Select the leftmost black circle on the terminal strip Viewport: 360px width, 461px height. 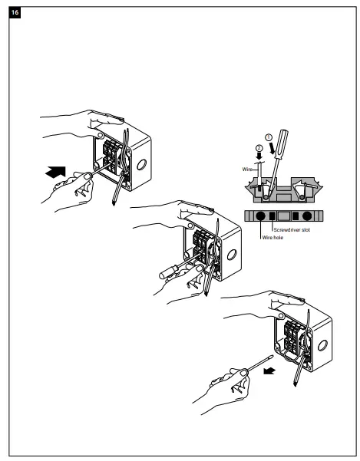coord(259,216)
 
